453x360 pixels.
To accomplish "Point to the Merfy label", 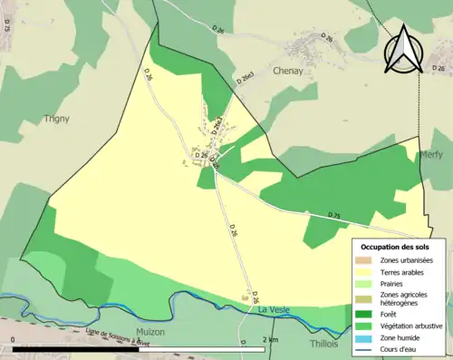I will click(x=431, y=155).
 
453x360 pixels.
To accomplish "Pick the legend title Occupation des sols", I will click(x=395, y=247).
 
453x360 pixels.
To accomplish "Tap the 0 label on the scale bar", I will click(x=13, y=339).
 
